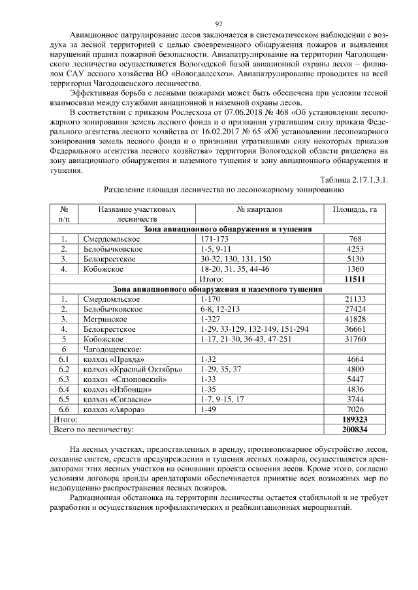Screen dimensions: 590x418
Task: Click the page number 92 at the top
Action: coord(209,23)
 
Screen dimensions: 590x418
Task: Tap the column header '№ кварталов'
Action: coord(260,210)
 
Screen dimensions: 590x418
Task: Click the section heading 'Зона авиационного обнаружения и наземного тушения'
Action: coord(218,288)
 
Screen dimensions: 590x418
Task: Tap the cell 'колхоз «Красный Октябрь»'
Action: coord(127,369)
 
